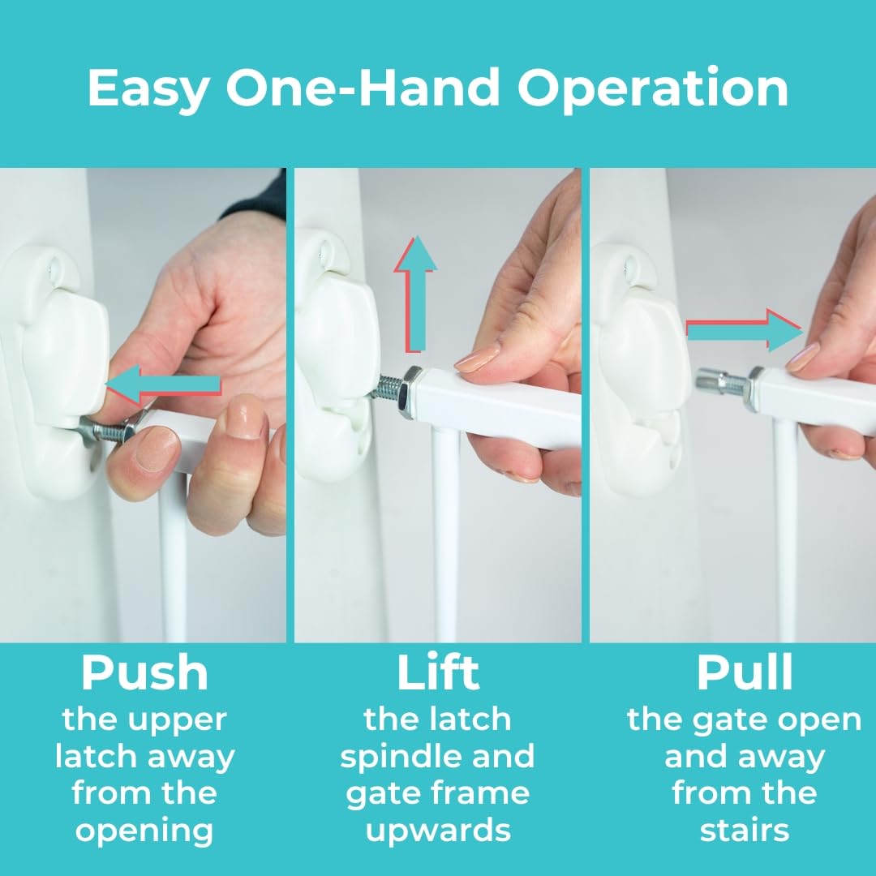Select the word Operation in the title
[652, 89]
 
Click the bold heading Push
[144, 672]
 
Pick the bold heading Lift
[438, 672]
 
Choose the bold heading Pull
[744, 672]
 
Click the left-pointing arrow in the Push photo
[163, 384]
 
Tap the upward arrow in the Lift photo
[415, 294]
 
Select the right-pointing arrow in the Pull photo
[743, 331]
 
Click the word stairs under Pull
[744, 831]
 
